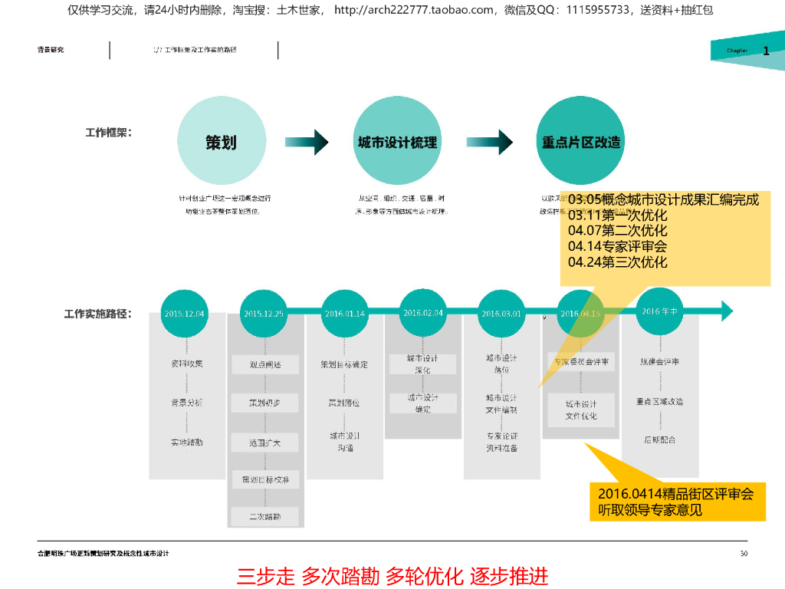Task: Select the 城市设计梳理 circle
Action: (397, 142)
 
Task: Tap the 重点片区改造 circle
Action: (581, 142)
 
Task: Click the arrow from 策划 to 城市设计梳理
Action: (307, 142)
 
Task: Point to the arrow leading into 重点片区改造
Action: (491, 142)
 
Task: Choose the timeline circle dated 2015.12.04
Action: (185, 313)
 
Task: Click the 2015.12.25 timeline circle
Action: (264, 313)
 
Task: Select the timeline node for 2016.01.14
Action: (345, 313)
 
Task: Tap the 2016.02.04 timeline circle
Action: (423, 312)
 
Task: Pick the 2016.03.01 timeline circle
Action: (501, 313)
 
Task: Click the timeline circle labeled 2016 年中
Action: (660, 311)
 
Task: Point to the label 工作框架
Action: (108, 133)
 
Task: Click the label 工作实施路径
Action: (97, 314)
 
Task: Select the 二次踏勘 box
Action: (265, 517)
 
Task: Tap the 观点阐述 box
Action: (265, 364)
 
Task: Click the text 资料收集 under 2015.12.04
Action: (187, 364)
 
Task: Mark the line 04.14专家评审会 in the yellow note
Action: (618, 246)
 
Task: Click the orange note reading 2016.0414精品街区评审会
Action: (676, 502)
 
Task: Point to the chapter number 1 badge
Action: (765, 51)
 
